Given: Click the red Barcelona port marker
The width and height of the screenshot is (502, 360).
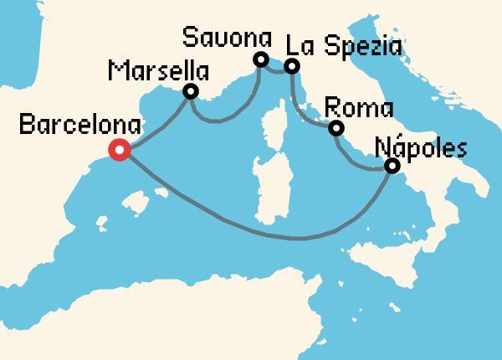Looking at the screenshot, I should pyautogui.click(x=120, y=151).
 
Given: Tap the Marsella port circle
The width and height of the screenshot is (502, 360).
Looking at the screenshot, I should pyautogui.click(x=191, y=91).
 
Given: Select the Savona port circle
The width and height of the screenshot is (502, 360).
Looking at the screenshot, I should pyautogui.click(x=260, y=59).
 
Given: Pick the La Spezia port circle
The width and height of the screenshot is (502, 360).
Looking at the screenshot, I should pyautogui.click(x=291, y=65).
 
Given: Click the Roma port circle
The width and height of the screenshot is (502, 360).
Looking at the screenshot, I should pyautogui.click(x=336, y=128).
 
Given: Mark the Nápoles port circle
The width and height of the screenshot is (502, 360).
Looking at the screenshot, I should pyautogui.click(x=391, y=167).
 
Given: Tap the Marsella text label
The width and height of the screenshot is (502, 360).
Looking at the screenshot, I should pyautogui.click(x=158, y=69).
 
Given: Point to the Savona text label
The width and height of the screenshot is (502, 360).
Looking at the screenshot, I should pyautogui.click(x=228, y=38).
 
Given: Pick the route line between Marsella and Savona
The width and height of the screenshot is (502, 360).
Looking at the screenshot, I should pyautogui.click(x=222, y=120).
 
